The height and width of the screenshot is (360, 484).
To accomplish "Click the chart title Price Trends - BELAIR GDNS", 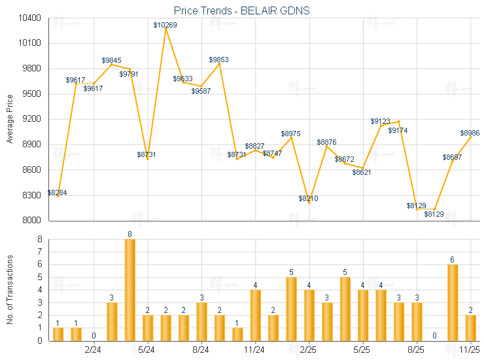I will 241,10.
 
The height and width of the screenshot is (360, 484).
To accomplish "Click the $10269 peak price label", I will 165,25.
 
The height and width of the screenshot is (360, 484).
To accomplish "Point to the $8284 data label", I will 57,192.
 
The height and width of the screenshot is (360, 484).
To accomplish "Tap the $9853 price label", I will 219,60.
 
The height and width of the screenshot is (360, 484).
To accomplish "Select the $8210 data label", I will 309,198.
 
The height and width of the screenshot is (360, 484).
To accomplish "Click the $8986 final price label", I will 470,133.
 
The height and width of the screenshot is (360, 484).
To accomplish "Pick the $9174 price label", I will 398,131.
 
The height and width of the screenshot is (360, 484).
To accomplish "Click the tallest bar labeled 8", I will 130,289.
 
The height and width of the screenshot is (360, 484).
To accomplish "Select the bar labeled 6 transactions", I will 453,302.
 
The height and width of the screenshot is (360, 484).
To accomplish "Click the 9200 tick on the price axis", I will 31,119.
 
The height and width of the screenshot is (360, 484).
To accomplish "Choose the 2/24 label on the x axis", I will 94,349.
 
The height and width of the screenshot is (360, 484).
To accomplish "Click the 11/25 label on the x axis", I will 470,349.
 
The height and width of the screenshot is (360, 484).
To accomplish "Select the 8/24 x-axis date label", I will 201,349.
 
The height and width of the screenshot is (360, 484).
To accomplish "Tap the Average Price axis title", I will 10,119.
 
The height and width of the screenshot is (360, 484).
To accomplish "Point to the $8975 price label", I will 291,134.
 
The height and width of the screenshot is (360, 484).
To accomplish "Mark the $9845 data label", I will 112,60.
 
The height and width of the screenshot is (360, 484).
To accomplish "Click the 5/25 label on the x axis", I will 362,349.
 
